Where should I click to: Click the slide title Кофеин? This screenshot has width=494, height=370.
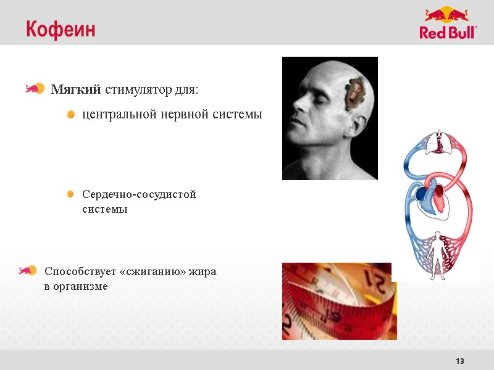coord(61,30)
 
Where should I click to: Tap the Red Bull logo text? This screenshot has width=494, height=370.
coord(448,33)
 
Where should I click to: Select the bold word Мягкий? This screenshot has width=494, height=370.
coord(76,90)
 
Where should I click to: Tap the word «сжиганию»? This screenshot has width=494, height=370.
coord(148,271)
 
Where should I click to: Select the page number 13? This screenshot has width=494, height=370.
coord(459,361)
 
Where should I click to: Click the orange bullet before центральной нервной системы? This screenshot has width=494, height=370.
coord(71,115)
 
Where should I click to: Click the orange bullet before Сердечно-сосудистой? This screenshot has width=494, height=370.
coord(71,195)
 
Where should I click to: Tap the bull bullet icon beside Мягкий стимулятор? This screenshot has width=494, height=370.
coord(35,89)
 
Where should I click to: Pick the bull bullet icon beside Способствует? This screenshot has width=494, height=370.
coord(28,270)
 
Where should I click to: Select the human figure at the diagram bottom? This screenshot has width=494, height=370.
coord(438,251)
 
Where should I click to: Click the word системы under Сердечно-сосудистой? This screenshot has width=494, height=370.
coord(105,210)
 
